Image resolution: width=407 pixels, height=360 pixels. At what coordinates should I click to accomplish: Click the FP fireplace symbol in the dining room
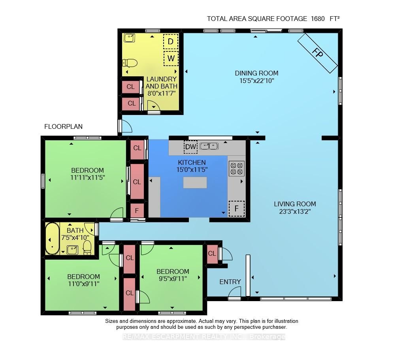[318, 53]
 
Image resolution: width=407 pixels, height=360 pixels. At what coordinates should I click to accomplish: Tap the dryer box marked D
[171, 41]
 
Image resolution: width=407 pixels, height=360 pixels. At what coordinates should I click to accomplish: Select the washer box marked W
[171, 58]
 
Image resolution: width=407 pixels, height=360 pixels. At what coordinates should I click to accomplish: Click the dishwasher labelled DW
[190, 147]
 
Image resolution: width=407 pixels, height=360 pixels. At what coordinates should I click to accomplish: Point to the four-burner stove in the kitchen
[236, 168]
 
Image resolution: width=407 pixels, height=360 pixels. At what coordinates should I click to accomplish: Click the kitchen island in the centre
[195, 183]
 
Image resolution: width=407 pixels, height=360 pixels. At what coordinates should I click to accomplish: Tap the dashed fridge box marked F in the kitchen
[236, 208]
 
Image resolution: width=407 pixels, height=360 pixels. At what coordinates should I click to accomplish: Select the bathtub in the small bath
[52, 239]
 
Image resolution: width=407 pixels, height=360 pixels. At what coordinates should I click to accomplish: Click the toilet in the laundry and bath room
[130, 63]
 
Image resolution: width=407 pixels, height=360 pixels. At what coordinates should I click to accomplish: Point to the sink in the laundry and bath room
[129, 38]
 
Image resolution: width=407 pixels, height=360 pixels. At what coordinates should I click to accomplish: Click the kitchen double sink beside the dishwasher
[209, 146]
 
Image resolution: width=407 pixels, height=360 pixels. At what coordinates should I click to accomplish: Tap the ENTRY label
[230, 282]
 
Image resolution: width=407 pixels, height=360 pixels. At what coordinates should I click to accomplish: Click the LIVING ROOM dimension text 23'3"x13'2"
[295, 211]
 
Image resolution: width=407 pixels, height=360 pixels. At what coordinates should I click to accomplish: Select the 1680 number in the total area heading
[318, 19]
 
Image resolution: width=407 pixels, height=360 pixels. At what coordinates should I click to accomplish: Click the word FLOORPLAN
[63, 126]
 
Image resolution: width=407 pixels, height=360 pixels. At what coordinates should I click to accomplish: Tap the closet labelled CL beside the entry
[212, 253]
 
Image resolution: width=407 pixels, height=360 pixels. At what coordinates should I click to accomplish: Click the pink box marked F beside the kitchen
[137, 211]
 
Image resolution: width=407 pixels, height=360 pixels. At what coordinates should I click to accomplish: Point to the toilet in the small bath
[87, 247]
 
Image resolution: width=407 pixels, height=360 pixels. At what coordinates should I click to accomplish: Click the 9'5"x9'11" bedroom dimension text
[173, 279]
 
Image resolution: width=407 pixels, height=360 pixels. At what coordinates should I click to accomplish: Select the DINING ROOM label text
[256, 73]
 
